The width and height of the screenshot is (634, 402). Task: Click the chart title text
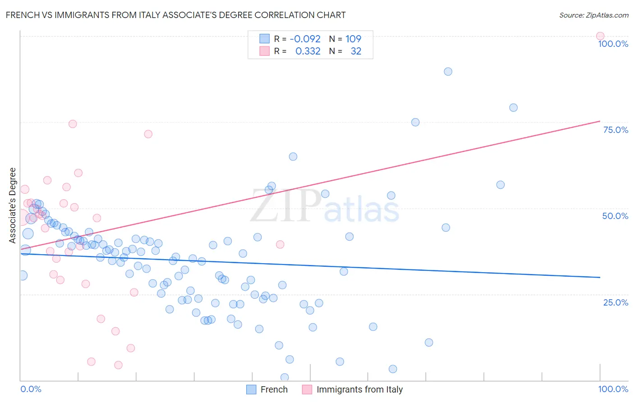pos(176,15)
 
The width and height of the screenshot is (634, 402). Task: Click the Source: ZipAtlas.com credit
pos(593,15)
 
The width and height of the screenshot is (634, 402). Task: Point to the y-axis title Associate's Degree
pos(12,205)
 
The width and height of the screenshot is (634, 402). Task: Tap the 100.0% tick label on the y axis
pos(613,44)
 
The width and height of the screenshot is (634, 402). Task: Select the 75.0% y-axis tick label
pos(616,130)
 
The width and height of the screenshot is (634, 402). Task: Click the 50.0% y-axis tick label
pos(615,216)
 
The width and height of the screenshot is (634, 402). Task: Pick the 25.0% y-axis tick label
pos(616,302)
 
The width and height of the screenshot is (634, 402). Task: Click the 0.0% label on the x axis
pos(31,389)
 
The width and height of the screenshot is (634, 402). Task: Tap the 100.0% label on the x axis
pos(613,389)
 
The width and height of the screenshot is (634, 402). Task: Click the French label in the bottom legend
pos(274,389)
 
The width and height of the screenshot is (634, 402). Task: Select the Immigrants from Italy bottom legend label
pos(359,389)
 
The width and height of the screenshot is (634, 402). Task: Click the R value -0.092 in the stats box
pos(305,39)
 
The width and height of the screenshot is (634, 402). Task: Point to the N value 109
pos(353,39)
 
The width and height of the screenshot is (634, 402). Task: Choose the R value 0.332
pos(308,51)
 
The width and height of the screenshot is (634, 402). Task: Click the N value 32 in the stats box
pos(356,51)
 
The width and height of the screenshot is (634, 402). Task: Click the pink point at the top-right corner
pos(600,36)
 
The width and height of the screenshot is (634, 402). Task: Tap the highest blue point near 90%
pos(448,72)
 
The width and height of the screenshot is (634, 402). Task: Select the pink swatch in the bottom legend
pos(307,389)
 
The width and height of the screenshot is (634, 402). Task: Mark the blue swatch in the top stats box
pos(264,39)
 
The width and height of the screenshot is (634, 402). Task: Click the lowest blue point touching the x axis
pos(285,377)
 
